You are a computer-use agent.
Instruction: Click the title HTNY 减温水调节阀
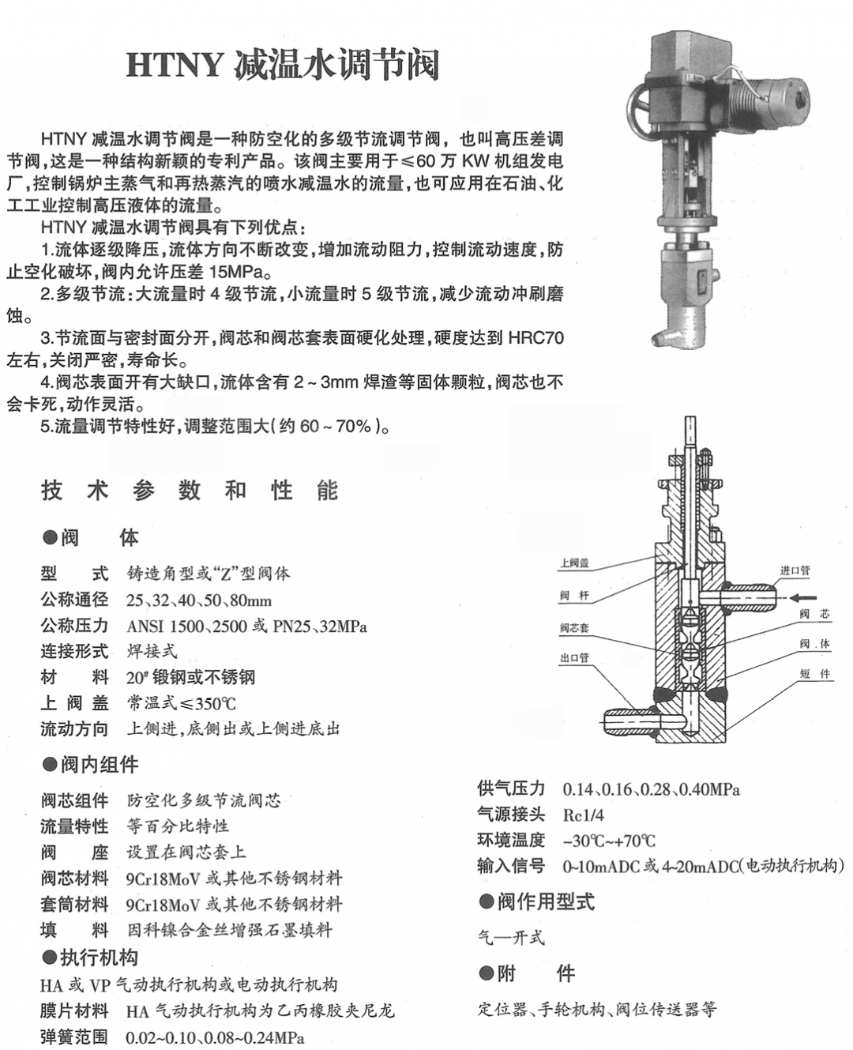pos(282,66)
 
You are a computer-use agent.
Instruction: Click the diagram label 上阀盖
pos(574,563)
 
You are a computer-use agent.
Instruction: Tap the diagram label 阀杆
pos(574,596)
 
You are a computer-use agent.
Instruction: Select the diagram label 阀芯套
pos(574,628)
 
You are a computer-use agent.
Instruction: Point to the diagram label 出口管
pos(574,658)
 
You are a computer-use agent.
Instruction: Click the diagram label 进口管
pos(795,570)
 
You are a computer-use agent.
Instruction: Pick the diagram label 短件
pos(814,673)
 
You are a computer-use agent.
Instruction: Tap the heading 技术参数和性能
pos(190,491)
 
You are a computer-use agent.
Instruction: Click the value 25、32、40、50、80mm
pos(199,600)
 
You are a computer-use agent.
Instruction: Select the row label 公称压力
pos(74,626)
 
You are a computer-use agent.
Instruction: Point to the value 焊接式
pos(152,652)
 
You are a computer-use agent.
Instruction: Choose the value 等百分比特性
pos(178,826)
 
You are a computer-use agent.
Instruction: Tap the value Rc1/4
pos(583,815)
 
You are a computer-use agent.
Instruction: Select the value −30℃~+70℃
pos(608,841)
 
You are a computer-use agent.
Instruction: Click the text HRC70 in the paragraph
pos(536,339)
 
